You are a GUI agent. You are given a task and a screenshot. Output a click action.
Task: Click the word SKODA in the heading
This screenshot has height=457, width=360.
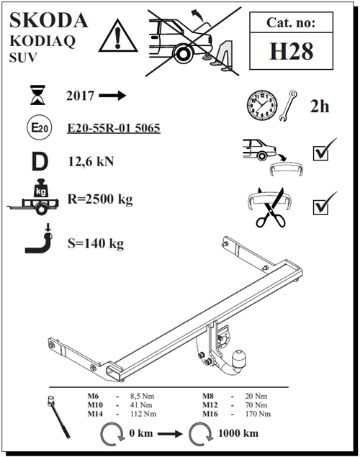pos(49,19)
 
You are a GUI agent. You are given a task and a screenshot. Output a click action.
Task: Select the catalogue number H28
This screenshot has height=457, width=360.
pos(292,52)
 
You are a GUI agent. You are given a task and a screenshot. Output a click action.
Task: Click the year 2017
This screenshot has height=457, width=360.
pos(80,96)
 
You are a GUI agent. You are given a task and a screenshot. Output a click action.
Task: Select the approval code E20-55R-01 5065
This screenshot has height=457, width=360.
pos(112,129)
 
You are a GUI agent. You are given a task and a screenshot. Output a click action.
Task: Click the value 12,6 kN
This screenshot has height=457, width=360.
pos(90,160)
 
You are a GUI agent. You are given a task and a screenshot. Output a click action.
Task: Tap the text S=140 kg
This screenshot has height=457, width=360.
pos(95,243)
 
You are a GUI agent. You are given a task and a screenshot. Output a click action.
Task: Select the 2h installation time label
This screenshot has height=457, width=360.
pos(319,107)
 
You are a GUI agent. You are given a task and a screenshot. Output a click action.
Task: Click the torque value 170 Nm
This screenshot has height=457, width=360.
pos(257,414)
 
